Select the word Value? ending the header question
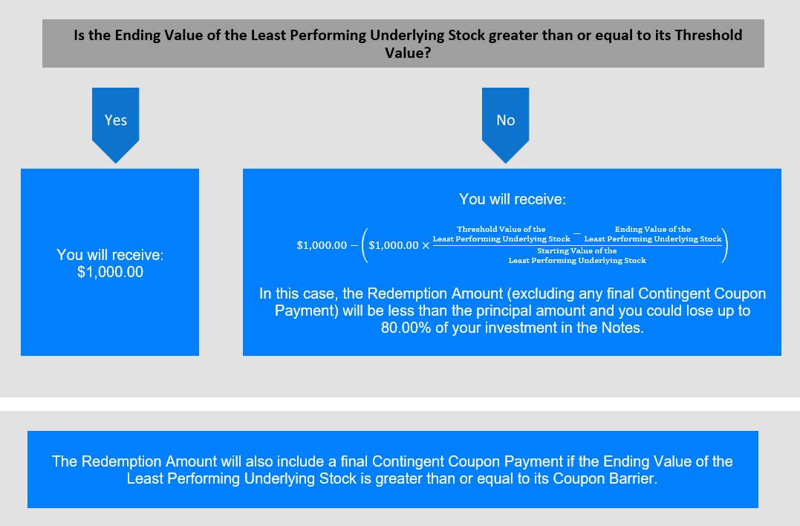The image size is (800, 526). [408, 53]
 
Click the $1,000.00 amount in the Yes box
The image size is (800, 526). [110, 272]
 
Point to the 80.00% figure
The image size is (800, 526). [406, 328]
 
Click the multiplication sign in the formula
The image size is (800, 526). [426, 245]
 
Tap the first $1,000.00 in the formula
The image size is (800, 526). [322, 245]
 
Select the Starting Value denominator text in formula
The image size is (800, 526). [577, 256]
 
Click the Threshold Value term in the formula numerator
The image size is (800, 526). [501, 234]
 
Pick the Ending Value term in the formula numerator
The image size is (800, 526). [652, 234]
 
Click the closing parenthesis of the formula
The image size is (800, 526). [725, 245]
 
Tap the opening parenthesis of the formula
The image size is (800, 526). [365, 245]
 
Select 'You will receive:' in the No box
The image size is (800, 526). [513, 199]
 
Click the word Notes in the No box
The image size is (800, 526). [622, 328]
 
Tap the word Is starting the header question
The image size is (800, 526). [79, 35]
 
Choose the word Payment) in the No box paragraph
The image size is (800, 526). [306, 311]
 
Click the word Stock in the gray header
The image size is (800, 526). [466, 35]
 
